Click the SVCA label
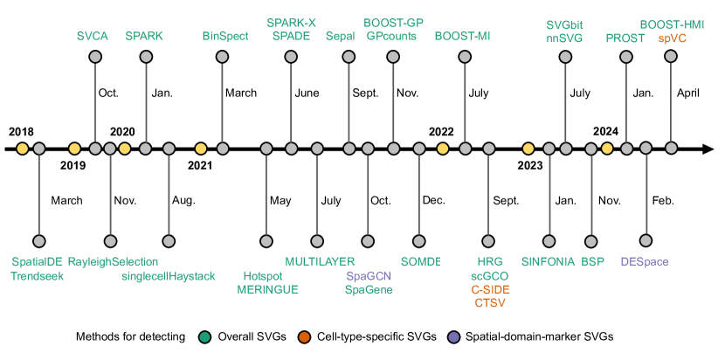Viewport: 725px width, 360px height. (92, 37)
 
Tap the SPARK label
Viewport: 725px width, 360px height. (144, 37)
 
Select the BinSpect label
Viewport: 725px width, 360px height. (225, 37)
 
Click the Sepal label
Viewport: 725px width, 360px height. (340, 37)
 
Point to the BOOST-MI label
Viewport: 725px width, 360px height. (462, 37)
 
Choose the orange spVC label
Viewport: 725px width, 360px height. (672, 38)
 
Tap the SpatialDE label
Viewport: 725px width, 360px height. (38, 261)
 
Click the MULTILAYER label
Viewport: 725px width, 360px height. (320, 261)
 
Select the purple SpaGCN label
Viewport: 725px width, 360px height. (368, 275)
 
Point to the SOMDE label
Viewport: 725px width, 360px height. (420, 261)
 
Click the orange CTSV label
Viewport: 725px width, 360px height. (490, 303)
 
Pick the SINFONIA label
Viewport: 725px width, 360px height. (548, 261)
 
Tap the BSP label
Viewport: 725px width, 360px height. (592, 261)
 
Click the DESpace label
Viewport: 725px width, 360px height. (645, 261)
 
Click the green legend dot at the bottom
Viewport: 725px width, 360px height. (204, 337)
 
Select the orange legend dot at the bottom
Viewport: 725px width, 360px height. (304, 337)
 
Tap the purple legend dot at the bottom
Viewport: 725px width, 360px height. (453, 337)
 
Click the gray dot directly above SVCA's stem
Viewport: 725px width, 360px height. (95, 57)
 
